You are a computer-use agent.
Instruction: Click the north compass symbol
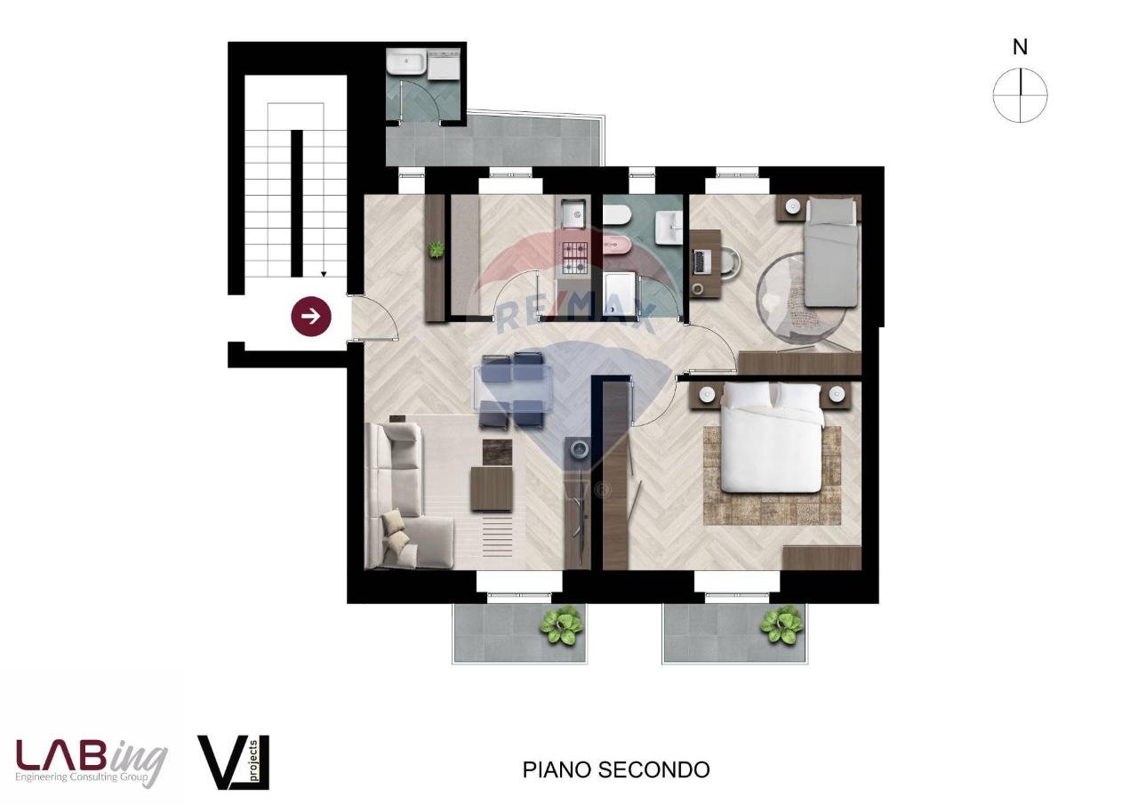[x=1020, y=94]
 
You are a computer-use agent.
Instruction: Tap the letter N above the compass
[x=1020, y=48]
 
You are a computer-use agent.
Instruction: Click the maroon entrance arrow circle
[x=311, y=316]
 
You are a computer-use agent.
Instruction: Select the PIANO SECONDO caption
[x=615, y=769]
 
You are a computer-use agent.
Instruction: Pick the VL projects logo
[x=232, y=761]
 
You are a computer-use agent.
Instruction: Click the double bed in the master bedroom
[x=771, y=438]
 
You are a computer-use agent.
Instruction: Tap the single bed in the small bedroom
[x=830, y=253]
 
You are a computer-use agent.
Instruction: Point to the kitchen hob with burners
[x=573, y=258]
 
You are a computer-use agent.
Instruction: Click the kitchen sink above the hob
[x=573, y=213]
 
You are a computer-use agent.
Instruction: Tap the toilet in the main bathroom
[x=616, y=214]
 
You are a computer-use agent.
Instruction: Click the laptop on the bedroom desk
[x=701, y=261]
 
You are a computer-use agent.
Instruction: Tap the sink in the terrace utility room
[x=406, y=64]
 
